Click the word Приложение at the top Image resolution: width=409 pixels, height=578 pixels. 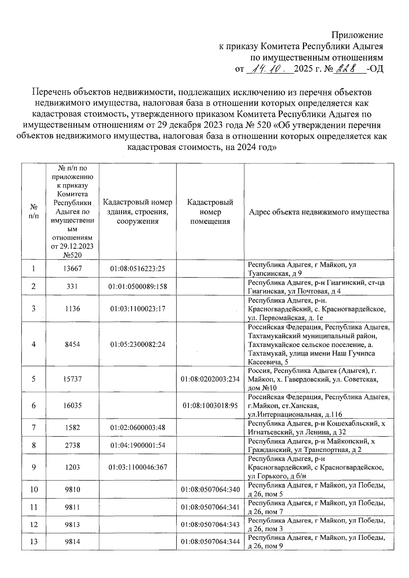(357, 35)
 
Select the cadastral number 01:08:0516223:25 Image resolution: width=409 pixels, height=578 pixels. (138, 269)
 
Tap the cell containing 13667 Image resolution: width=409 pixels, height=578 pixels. (72, 269)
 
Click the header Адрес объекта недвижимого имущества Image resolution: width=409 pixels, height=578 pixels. (319, 212)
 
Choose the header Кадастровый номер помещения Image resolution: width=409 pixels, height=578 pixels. (210, 212)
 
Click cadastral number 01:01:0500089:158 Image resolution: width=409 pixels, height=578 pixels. (138, 287)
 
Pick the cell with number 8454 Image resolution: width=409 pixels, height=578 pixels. (72, 344)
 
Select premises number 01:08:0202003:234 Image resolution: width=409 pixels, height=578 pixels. (210, 379)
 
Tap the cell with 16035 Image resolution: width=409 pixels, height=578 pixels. (72, 406)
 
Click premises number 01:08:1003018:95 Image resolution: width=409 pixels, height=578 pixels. (210, 406)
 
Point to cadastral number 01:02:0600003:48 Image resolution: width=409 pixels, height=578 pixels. (138, 428)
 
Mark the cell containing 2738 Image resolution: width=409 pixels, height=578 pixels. (72, 445)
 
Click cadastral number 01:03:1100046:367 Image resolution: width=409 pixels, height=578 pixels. (138, 467)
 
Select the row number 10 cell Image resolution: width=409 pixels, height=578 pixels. (34, 490)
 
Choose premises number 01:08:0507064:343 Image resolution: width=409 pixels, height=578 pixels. (210, 525)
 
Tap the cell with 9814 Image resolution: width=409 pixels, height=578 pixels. (72, 541)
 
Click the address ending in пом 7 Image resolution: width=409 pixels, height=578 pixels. (317, 507)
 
